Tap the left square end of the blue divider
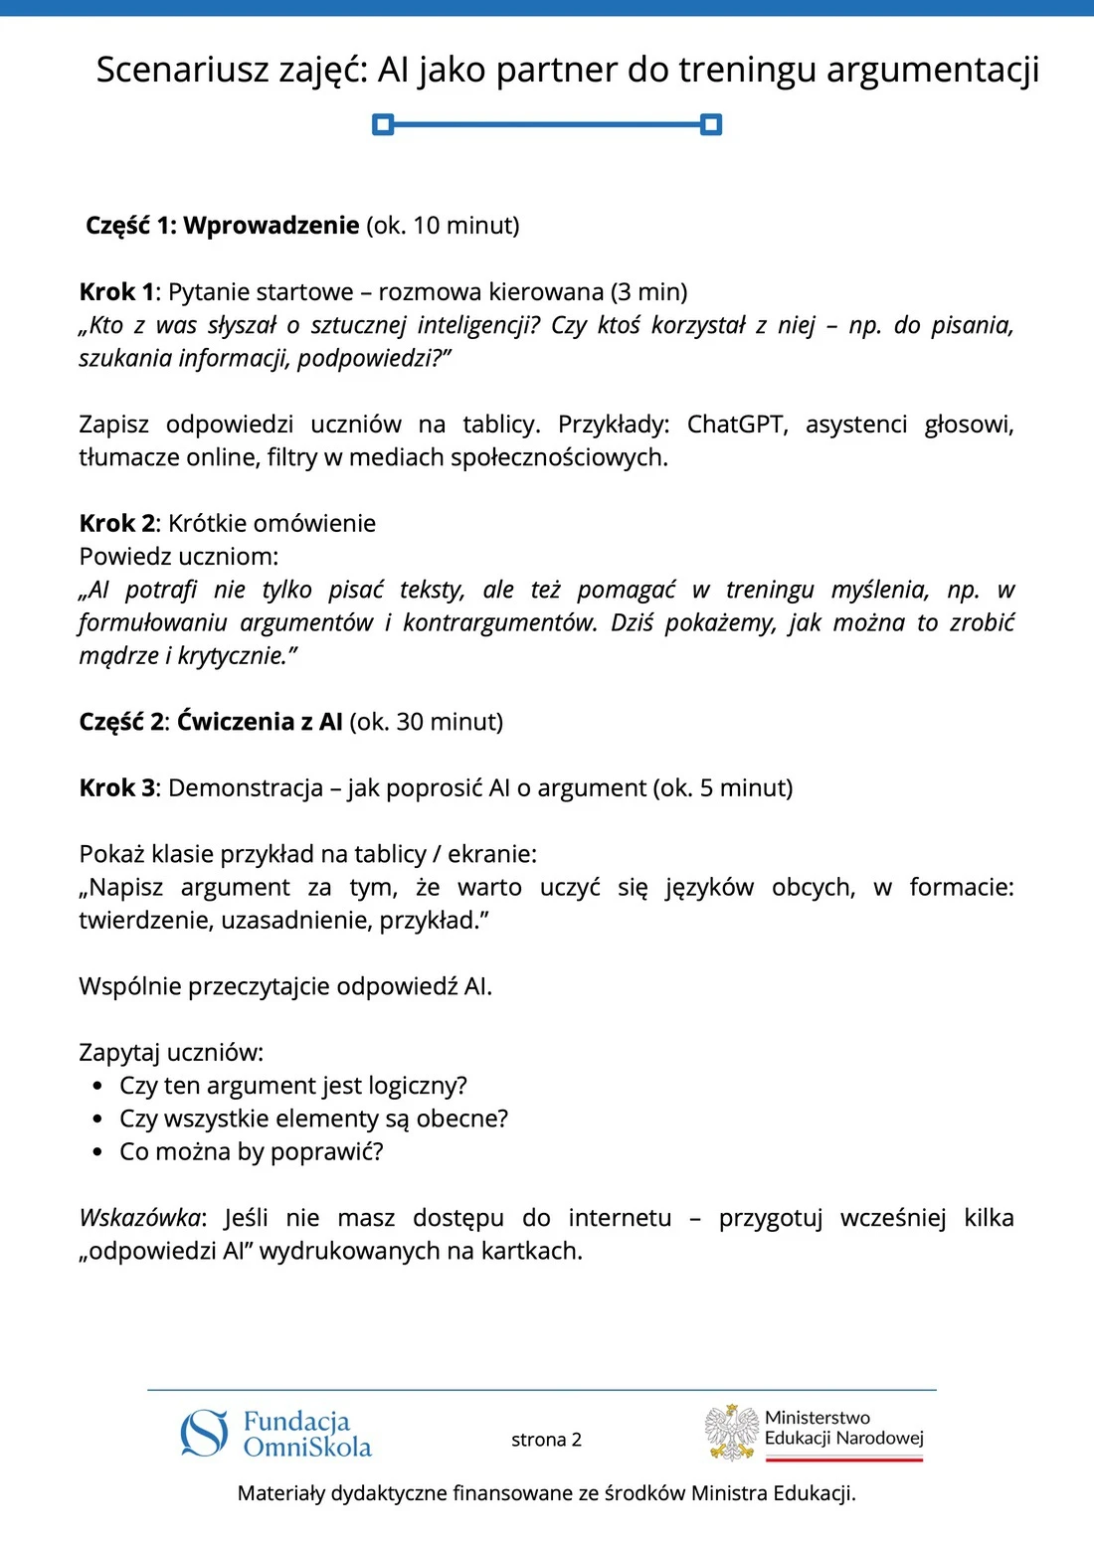383,124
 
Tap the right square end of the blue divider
711,124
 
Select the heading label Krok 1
116,291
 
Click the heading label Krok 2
116,523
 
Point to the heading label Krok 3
116,787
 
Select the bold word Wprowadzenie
271,225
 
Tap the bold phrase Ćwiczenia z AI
260,722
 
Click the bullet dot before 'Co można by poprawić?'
97,1152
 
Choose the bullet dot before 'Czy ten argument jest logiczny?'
97,1086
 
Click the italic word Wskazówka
139,1218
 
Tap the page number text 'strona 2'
546,1440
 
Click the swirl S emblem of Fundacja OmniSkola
205,1433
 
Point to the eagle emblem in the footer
732,1433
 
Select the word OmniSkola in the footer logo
307,1448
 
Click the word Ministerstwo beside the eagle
817,1418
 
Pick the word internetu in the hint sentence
620,1218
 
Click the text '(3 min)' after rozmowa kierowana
648,291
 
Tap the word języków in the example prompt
709,887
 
